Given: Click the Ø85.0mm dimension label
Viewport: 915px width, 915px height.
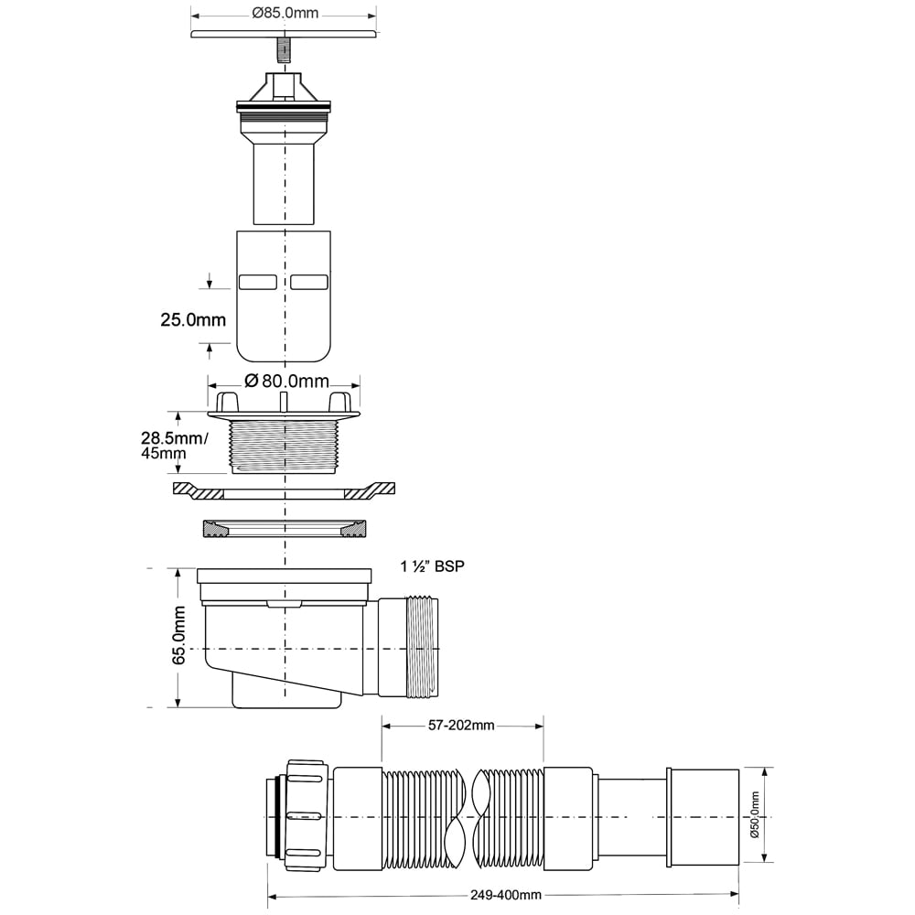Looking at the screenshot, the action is click(285, 13).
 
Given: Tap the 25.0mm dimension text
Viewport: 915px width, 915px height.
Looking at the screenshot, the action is click(193, 319).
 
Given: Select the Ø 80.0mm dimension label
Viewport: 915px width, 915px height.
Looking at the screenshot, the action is click(286, 381).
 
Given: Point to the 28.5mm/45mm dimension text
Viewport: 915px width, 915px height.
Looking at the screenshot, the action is click(173, 446).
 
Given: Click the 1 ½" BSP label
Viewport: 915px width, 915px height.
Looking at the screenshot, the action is click(433, 566).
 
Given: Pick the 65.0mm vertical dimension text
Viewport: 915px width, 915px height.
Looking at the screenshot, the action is click(178, 635).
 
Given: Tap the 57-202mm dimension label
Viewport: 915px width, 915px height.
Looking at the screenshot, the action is click(461, 726).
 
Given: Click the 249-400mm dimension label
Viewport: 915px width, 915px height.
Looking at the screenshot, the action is click(506, 895).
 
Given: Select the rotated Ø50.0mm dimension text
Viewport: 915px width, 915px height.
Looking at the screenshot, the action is click(755, 814).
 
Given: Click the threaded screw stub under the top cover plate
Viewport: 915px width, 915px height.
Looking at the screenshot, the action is click(283, 50).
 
